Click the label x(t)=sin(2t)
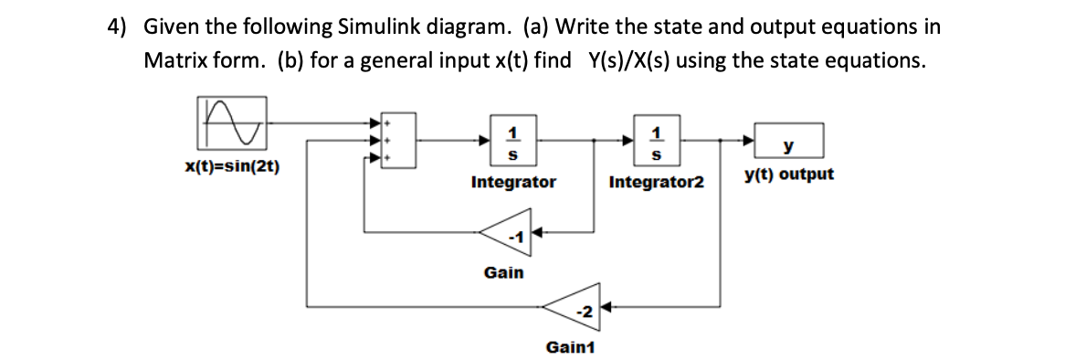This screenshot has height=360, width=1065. point(231,166)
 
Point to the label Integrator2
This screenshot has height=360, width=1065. point(656,183)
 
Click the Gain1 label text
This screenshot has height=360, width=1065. point(569,347)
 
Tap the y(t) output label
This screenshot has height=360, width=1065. point(788,174)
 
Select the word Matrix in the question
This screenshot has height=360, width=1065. point(177,60)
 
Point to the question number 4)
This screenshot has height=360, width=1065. point(117,26)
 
